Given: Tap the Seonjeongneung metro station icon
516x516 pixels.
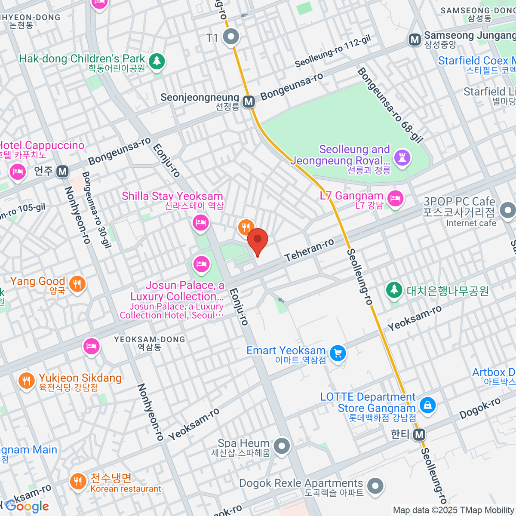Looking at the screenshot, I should point(249,102).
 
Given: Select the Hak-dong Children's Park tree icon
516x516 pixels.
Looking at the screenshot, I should point(157,61).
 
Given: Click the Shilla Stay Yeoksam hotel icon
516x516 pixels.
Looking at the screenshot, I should point(200,222).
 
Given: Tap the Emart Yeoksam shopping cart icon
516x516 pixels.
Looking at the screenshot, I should point(338,353).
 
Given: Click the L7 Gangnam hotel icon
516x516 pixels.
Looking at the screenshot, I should point(395,198).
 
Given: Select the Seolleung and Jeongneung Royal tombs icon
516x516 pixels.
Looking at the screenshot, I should point(402,157).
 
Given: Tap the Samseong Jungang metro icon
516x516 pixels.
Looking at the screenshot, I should point(415,40).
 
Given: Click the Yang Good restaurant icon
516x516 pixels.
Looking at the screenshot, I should point(77,284).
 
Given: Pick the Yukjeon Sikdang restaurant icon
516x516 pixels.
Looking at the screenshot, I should point(26,380).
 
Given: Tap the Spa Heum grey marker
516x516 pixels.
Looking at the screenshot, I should point(282,446).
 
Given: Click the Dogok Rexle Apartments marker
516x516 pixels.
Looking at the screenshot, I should point(375,486).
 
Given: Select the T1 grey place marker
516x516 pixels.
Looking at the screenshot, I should point(231,37).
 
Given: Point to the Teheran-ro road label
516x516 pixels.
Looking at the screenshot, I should point(309,250).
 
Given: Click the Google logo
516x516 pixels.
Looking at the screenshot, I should point(27,507).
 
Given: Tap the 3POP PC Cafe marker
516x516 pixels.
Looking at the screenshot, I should point(508,211).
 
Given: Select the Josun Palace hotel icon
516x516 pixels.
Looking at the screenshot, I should point(201,264).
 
